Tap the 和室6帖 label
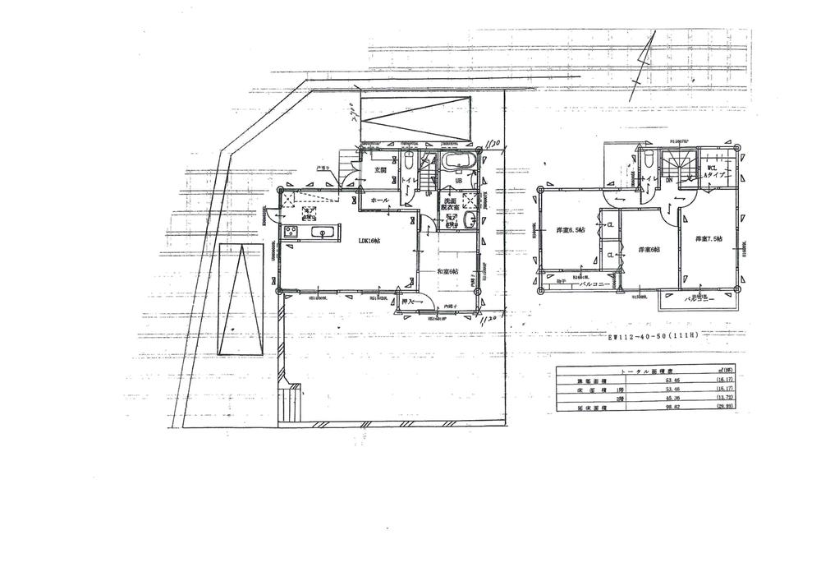[447, 271]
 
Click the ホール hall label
[379, 200]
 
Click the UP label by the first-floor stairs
[429, 194]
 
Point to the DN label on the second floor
[669, 180]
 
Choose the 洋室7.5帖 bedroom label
[710, 239]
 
